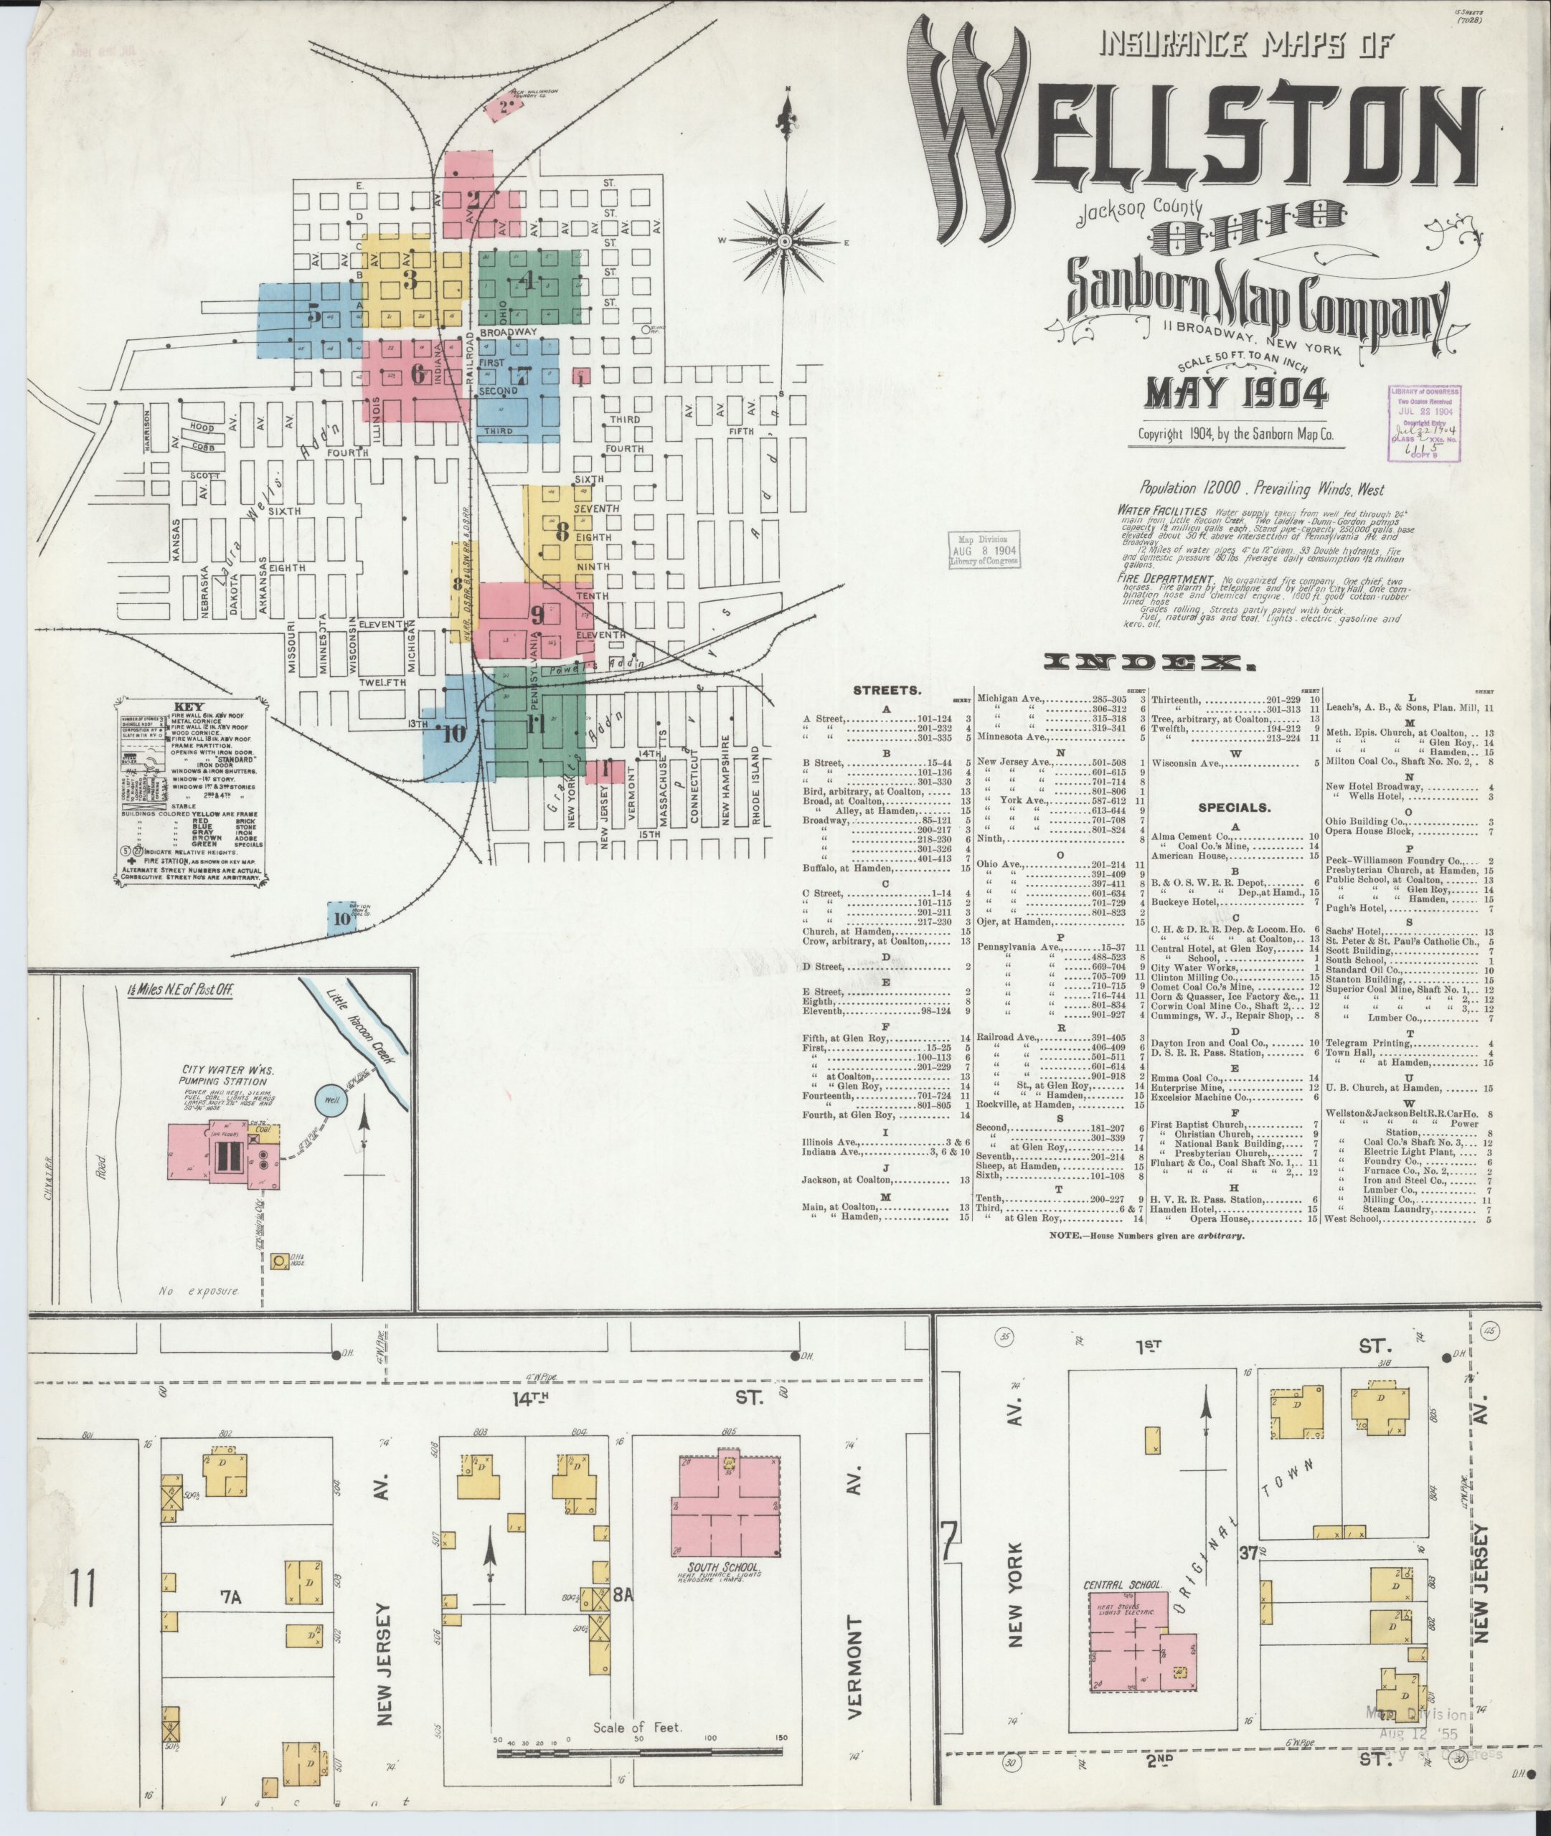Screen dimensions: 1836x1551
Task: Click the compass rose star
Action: (x=784, y=241)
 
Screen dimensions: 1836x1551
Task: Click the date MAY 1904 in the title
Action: (x=1235, y=393)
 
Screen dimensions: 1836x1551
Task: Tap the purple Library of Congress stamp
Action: (x=1425, y=422)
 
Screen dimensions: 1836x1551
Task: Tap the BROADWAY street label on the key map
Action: (x=509, y=332)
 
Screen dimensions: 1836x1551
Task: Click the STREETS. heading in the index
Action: (x=885, y=690)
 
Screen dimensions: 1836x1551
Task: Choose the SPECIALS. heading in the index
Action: (x=1234, y=807)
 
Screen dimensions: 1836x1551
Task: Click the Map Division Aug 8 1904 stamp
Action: (x=984, y=549)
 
